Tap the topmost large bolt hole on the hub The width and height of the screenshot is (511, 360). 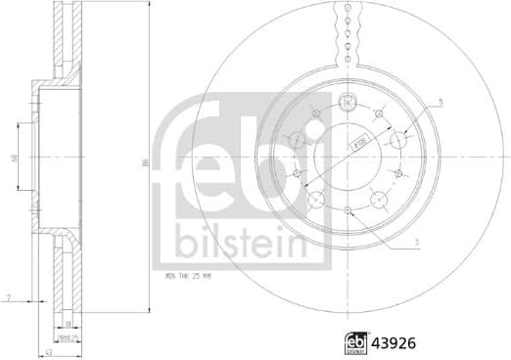[x=347, y=105]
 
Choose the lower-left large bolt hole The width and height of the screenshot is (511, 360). [x=316, y=200]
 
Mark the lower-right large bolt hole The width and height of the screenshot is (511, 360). [x=377, y=201]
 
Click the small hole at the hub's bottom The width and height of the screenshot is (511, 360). [x=347, y=209]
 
